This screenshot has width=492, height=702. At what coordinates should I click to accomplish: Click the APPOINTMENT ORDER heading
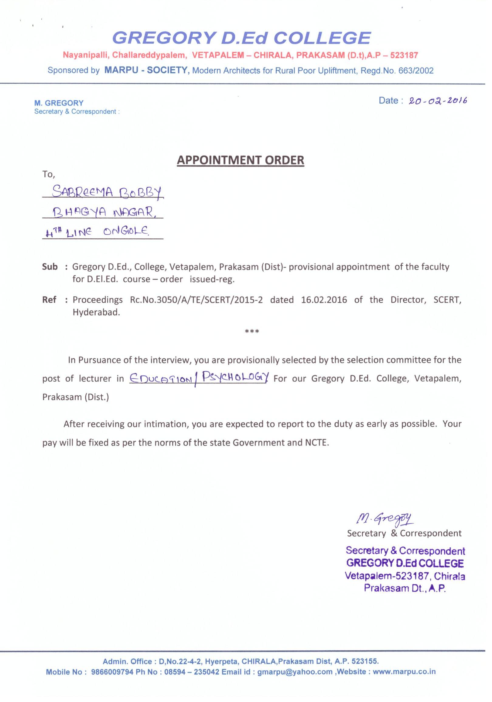241,160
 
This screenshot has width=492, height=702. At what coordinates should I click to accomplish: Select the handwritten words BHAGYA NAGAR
103,212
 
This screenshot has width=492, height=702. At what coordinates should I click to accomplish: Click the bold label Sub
50,267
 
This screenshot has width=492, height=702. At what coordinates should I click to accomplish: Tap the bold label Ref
49,300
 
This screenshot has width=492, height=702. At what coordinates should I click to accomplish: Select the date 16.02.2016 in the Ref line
324,300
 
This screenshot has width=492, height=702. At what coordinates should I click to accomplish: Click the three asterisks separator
252,332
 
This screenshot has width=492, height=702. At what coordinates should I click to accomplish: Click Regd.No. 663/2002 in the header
397,71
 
